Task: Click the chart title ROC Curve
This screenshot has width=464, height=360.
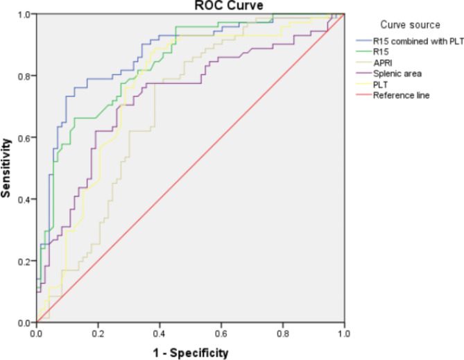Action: coord(228,6)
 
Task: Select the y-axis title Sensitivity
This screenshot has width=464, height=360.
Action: coord(6,168)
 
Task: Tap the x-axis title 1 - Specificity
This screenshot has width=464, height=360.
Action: coord(191,353)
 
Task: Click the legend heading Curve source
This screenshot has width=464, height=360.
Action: coord(410,24)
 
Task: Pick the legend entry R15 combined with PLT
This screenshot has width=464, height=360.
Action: coord(418,41)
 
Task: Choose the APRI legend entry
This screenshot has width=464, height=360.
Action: coord(383,62)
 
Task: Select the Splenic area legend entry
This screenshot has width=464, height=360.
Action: coord(397,74)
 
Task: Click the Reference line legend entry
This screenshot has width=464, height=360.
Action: coord(402,95)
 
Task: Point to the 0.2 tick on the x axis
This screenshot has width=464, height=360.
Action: coord(98,334)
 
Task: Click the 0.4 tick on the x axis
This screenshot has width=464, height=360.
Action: coord(160,334)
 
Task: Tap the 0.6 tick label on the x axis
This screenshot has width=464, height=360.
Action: coord(221,334)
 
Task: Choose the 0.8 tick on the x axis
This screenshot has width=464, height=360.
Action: coord(283,334)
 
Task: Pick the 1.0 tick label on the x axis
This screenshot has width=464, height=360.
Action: coord(344,334)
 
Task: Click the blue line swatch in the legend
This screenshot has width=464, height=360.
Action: coord(363,40)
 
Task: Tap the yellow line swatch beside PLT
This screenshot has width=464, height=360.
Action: coord(363,84)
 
